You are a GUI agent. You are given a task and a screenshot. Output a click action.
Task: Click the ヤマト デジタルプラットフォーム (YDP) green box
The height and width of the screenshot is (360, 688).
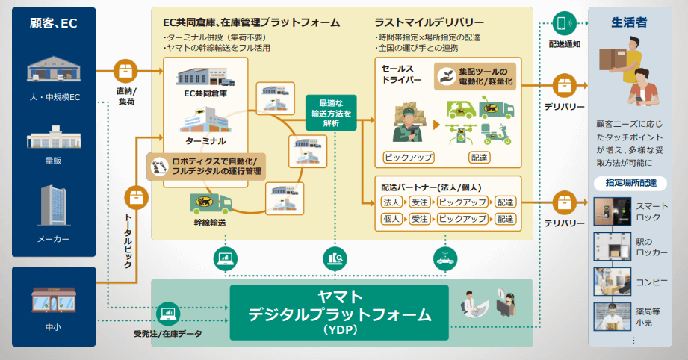pos(339,313)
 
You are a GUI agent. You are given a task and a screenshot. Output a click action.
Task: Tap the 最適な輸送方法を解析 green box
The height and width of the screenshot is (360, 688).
pos(331,113)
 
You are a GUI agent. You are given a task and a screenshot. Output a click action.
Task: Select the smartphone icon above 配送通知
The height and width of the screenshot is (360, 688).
pos(564,23)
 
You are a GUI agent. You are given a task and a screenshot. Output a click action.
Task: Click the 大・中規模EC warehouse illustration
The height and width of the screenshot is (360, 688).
pos(54,69)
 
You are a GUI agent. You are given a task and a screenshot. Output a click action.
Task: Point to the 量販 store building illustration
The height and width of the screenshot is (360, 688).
pos(54,137)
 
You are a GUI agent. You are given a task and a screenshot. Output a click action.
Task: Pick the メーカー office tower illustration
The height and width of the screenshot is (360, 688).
pos(54,205)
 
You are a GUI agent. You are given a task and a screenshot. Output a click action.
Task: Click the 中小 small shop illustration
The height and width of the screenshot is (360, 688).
pos(54,300)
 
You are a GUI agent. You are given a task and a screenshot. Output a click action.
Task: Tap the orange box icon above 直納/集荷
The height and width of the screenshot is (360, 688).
pos(125,71)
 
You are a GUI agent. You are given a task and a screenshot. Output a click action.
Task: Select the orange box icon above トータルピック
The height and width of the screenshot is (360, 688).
pos(137,198)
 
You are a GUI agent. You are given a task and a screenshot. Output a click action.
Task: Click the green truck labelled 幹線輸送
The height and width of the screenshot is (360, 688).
pos(211,203)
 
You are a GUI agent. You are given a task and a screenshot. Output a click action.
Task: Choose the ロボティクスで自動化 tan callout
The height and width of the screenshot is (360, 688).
pos(206,167)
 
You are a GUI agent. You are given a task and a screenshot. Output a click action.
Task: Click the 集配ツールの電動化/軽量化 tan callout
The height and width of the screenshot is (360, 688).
pos(475,77)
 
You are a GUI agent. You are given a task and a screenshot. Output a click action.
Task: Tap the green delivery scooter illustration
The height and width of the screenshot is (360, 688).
pos(496,134)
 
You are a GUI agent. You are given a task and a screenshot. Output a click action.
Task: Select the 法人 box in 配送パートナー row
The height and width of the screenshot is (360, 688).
pos(391,202)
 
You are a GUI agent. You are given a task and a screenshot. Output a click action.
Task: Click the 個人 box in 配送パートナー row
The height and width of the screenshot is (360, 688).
pos(391,219)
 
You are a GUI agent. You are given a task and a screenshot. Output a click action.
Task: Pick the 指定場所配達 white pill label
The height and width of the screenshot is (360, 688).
pos(630,183)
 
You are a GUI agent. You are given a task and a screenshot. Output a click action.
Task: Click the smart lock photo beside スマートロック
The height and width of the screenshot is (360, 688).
pos(613,211)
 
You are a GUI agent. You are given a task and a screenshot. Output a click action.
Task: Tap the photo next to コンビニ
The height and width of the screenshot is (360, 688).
pos(613,282)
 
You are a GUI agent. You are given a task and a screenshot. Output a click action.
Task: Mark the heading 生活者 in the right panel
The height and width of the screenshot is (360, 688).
pos(629,22)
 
